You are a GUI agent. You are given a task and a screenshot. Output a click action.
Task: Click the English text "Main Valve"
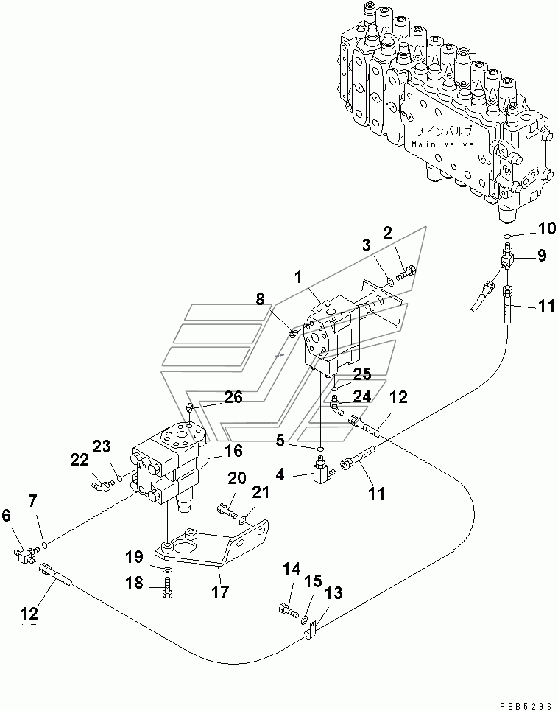[x=442, y=144]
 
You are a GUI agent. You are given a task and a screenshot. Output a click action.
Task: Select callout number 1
[x=297, y=277]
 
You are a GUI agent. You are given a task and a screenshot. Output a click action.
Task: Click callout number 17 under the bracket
[x=221, y=592]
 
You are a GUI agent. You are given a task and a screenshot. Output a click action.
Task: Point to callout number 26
[x=233, y=397]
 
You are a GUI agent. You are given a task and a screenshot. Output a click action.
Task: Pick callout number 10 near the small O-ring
[x=547, y=228]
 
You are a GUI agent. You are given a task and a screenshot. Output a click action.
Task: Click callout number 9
[x=542, y=256]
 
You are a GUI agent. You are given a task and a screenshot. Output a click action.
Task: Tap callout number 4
[x=280, y=474]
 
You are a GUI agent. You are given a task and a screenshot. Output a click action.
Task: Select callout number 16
[x=233, y=451]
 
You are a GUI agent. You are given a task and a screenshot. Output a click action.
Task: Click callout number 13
[x=333, y=593]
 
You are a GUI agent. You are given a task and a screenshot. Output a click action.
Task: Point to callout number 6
[x=6, y=515]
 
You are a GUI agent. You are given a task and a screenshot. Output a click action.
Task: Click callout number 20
[x=237, y=478]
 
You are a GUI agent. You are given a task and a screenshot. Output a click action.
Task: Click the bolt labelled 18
[x=166, y=588]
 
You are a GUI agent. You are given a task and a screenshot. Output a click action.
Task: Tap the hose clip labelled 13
[x=311, y=630]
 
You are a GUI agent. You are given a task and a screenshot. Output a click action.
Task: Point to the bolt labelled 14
[x=289, y=610]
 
